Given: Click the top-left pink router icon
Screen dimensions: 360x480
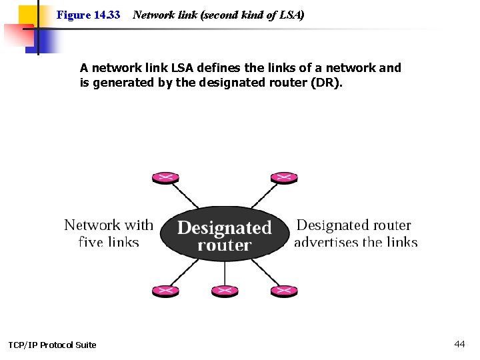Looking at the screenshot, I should [x=165, y=177].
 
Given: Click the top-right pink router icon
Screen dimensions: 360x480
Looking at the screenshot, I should [x=283, y=177].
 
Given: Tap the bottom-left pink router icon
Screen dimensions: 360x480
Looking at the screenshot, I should [x=165, y=291].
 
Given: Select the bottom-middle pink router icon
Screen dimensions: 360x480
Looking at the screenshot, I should [x=225, y=291].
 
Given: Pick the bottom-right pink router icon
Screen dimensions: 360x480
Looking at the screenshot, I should [x=283, y=291].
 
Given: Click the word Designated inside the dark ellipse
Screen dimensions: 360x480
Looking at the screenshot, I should [x=225, y=228].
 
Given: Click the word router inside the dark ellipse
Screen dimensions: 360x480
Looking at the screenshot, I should [x=225, y=245].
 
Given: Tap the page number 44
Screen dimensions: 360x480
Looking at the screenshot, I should [x=459, y=344].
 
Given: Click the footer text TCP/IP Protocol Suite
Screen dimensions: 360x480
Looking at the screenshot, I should [x=52, y=345].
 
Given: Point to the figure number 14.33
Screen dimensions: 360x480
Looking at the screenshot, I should [x=107, y=14].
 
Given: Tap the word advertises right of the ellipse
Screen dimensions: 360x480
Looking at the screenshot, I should [x=326, y=242].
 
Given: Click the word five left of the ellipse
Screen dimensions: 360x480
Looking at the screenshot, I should [x=91, y=242].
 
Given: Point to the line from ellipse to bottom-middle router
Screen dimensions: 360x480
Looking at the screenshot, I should [x=225, y=273].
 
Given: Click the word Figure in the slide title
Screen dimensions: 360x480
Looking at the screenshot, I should [x=73, y=14].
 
